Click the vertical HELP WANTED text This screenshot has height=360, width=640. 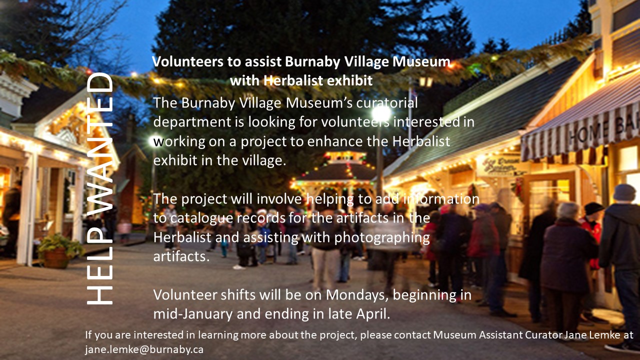pyautogui.click(x=100, y=188)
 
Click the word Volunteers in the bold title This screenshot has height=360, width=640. pyautogui.click(x=188, y=61)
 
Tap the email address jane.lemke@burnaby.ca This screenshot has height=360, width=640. pyautogui.click(x=144, y=349)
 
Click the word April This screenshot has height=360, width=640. pyautogui.click(x=373, y=314)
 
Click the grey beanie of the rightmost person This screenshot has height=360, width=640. pyautogui.click(x=624, y=192)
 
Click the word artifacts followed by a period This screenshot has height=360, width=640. pyautogui.click(x=181, y=256)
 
